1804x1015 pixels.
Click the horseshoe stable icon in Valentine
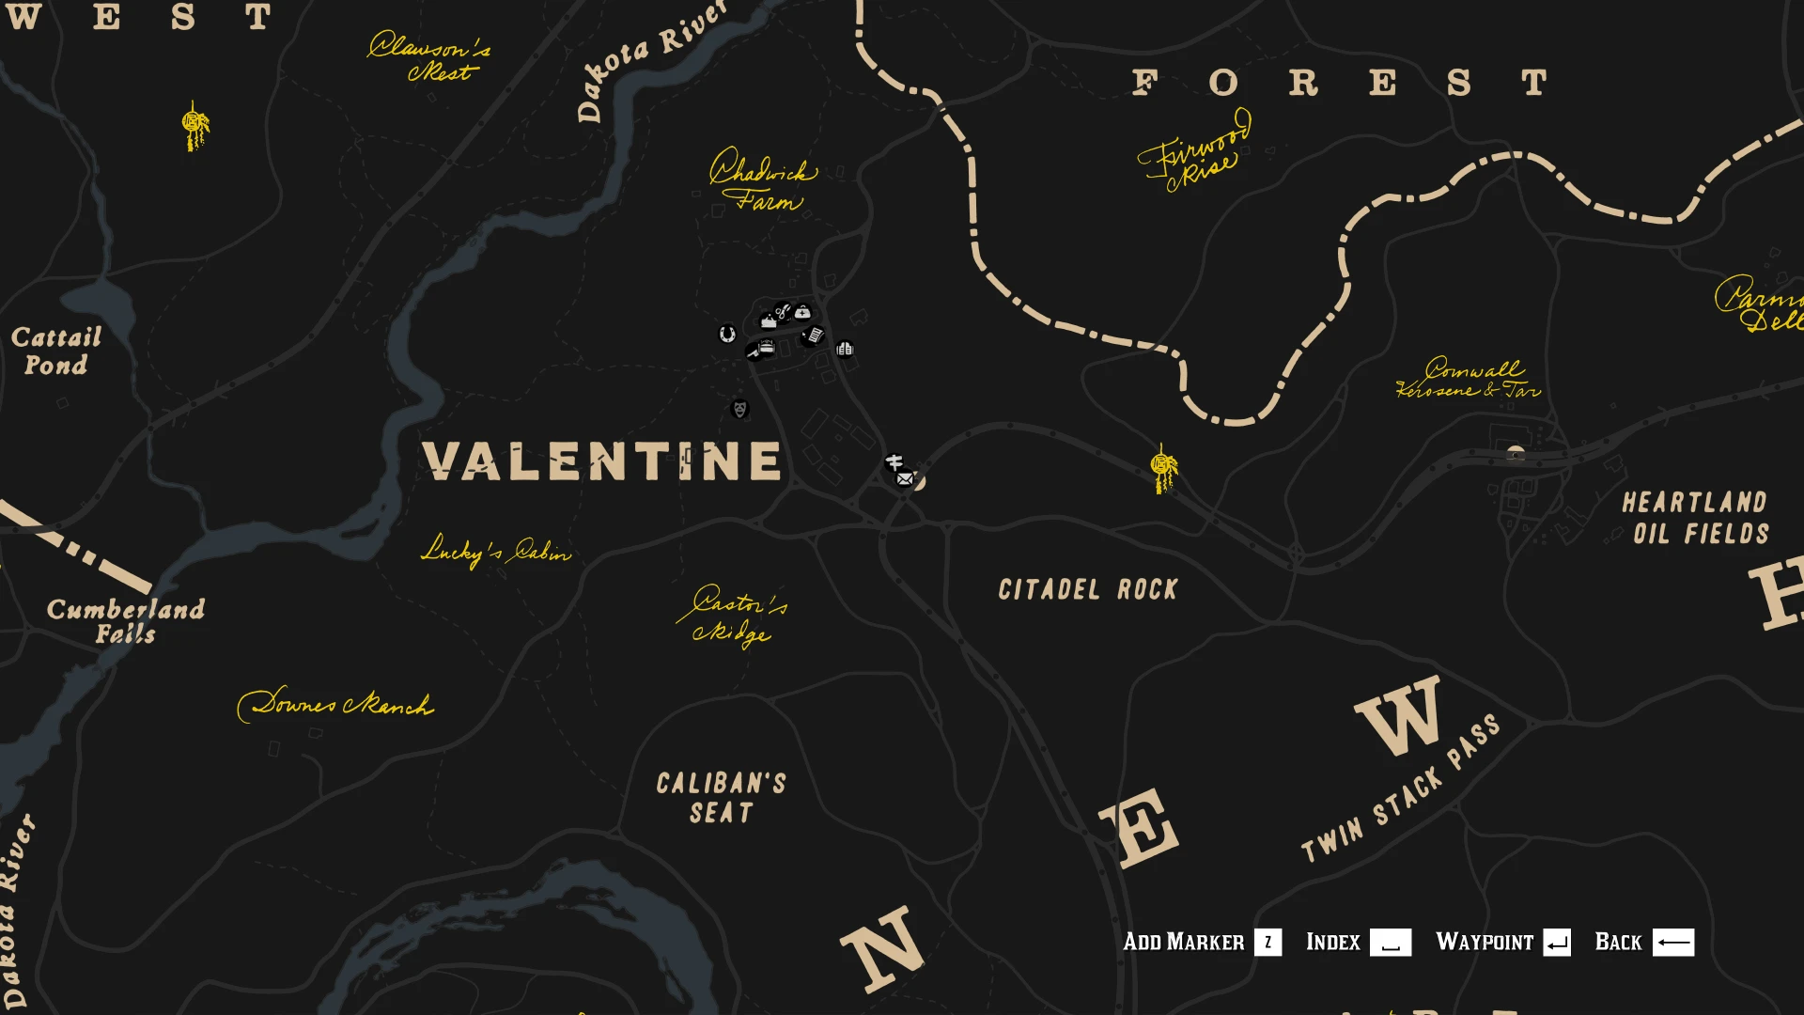tap(726, 334)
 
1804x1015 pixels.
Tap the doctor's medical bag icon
tap(802, 312)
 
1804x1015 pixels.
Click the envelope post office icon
tap(905, 479)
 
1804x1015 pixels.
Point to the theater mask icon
tap(740, 409)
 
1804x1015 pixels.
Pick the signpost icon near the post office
tap(894, 462)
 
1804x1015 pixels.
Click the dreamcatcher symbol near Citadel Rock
tap(1163, 467)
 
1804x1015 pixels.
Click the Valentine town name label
tap(602, 461)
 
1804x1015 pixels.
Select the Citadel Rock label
tap(1087, 589)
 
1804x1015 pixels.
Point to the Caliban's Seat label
tap(722, 798)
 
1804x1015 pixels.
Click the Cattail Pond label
tap(56, 351)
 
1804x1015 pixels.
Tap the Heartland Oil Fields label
tap(1695, 518)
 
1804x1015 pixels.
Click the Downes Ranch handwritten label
tap(335, 704)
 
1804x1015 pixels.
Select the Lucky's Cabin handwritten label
tap(495, 551)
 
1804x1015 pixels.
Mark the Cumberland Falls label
tap(126, 620)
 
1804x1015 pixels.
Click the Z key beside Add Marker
tap(1267, 942)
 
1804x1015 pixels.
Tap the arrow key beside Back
tap(1672, 942)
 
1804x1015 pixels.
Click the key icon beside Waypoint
tap(1556, 942)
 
